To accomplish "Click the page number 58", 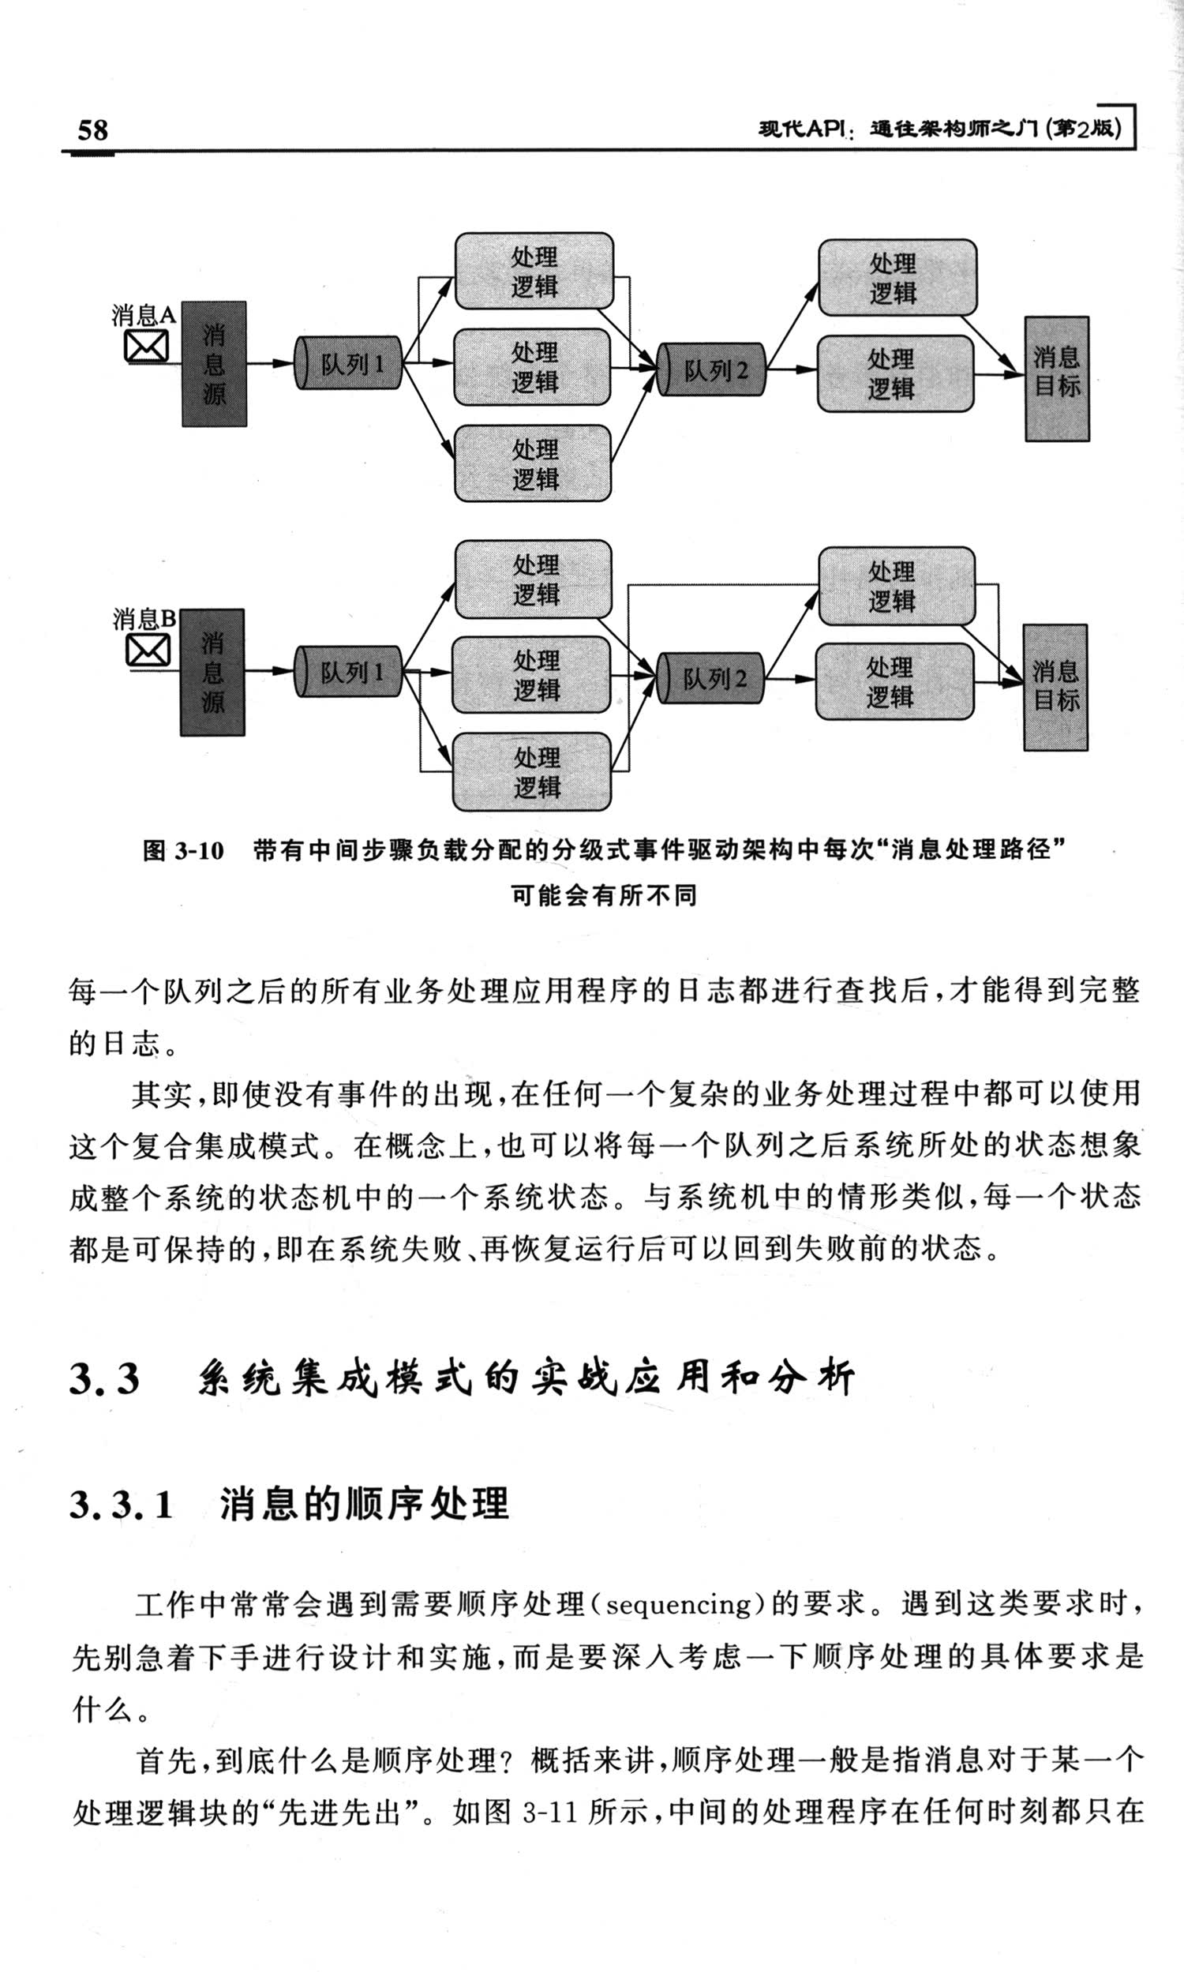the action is [x=92, y=129].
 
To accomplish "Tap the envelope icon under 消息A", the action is [x=147, y=347].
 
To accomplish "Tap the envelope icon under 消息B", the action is [x=148, y=650].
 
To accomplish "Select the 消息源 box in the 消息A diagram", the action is [x=214, y=364].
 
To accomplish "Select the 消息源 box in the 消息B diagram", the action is [x=212, y=672].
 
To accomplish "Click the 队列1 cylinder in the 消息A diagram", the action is [x=349, y=363].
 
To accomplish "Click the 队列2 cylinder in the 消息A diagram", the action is [x=712, y=369].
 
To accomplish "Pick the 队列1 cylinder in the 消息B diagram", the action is [x=349, y=671].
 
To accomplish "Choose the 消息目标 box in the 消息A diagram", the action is [x=1057, y=379].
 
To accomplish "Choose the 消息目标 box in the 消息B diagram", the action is [x=1055, y=687].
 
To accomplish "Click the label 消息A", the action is [x=144, y=316].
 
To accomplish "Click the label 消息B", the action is [x=144, y=619].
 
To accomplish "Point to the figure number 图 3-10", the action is [x=183, y=850].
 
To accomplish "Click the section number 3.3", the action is [x=104, y=1378].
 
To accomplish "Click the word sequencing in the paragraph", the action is [x=679, y=1604].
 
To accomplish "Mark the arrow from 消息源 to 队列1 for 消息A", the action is [x=271, y=363].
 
